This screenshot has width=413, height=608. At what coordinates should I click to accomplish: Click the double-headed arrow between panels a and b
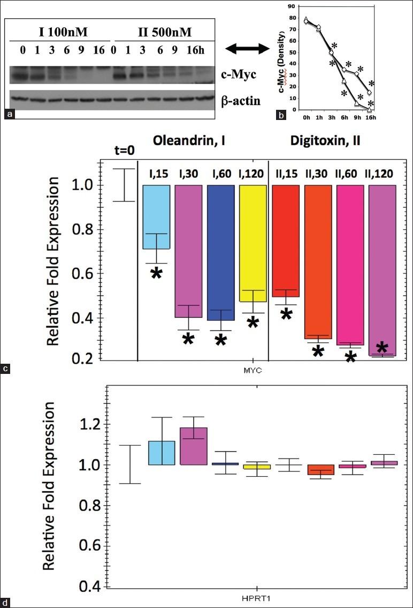point(247,49)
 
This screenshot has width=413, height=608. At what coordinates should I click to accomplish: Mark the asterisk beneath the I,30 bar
point(188,339)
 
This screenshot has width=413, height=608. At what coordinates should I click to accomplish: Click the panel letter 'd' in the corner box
point(5,603)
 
